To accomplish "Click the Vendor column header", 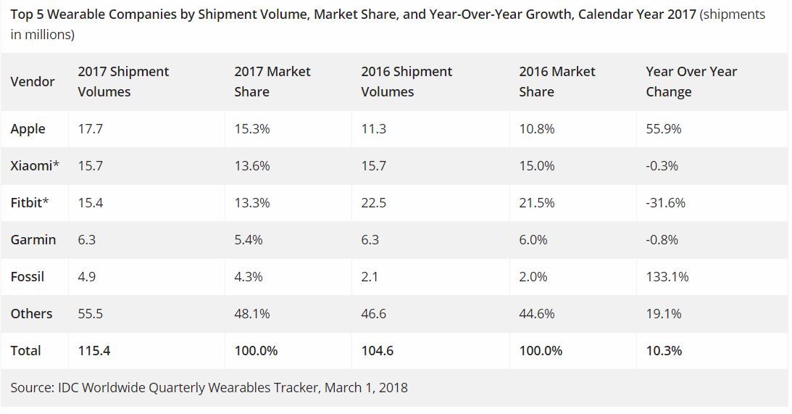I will (33, 82).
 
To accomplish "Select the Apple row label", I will (28, 129).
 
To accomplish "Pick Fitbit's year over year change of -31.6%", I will (665, 203).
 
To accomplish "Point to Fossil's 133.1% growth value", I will (667, 277).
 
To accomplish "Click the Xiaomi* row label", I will (35, 166).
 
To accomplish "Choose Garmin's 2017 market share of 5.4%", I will (249, 240).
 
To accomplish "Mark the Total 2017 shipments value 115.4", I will (94, 351).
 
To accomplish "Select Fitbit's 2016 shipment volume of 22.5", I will (373, 203).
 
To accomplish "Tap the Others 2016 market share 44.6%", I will (537, 314).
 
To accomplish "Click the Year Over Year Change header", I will (691, 82).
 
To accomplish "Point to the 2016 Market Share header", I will (557, 82).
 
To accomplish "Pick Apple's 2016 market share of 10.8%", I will (537, 129).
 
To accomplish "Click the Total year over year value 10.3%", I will (664, 351).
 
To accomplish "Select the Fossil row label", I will (28, 277).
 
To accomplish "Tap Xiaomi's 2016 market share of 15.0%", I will (537, 166).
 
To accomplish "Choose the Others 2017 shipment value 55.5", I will (91, 314).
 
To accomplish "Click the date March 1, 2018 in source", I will (366, 388).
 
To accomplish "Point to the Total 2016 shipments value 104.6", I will (378, 351).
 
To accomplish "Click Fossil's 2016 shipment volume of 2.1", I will (370, 277).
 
